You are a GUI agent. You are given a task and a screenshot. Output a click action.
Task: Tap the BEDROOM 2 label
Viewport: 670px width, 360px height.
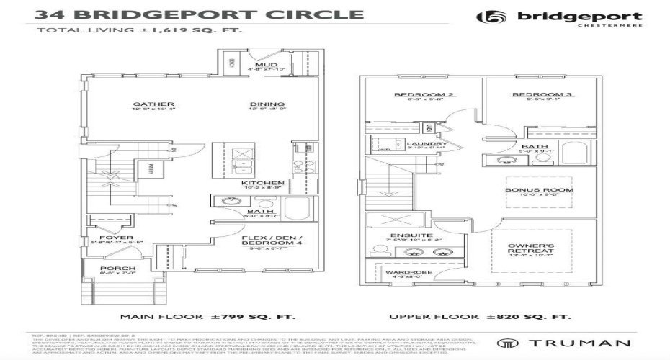tap(414, 95)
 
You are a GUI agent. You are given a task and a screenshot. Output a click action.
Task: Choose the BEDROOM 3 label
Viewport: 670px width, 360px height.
tap(532, 95)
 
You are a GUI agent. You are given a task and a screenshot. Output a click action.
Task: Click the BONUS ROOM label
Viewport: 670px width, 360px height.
tap(549, 190)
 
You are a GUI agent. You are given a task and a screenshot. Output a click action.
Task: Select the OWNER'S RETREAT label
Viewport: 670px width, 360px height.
tap(530, 248)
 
